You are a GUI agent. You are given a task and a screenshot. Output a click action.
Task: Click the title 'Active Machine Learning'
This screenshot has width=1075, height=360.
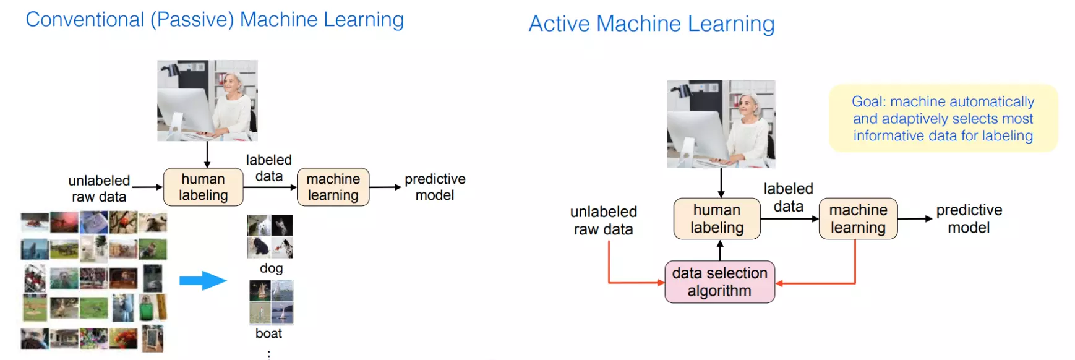[x=651, y=24]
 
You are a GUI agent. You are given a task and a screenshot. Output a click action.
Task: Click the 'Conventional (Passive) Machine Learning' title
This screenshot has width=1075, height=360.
[x=215, y=20]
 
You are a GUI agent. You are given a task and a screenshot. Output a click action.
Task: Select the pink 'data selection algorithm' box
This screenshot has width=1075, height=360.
[x=719, y=282]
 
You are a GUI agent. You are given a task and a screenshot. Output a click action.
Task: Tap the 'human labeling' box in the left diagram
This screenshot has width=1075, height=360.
[x=203, y=187]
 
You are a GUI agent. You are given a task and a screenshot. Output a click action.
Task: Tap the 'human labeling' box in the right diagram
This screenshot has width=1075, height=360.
[x=717, y=218]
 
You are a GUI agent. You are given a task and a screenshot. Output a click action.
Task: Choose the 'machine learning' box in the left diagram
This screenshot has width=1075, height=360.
[x=333, y=187]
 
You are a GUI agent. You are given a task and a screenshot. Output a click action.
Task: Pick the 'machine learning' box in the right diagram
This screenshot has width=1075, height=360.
[x=858, y=218]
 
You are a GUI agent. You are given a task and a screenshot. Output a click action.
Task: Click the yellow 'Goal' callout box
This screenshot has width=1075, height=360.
[x=943, y=118]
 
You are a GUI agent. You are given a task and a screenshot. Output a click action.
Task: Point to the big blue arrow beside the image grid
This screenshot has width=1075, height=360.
[x=203, y=281]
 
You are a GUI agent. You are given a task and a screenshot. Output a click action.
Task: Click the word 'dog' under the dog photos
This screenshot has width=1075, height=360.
[x=271, y=268]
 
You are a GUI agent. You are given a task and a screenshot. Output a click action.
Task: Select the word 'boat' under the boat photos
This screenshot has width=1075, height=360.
[x=268, y=333]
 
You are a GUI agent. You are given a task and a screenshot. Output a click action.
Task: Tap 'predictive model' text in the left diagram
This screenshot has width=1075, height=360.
[x=435, y=187]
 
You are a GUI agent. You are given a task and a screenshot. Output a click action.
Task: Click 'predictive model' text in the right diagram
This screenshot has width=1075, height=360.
[x=969, y=218]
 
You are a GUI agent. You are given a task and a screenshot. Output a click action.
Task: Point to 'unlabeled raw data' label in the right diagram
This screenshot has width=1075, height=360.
[x=603, y=220]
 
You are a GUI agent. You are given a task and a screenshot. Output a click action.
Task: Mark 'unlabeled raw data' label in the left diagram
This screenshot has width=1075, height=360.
[x=99, y=188]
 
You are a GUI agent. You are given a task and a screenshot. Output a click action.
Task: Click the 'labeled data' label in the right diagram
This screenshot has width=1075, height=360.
[x=788, y=197]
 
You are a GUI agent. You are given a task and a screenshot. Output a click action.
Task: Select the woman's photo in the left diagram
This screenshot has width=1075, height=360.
[x=207, y=100]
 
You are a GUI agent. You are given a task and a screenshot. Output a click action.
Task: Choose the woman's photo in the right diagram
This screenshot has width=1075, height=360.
[x=721, y=124]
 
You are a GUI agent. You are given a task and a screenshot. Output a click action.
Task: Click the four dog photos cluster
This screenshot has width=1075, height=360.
[x=270, y=236]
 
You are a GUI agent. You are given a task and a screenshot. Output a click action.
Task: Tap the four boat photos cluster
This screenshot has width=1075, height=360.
[x=272, y=302]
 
